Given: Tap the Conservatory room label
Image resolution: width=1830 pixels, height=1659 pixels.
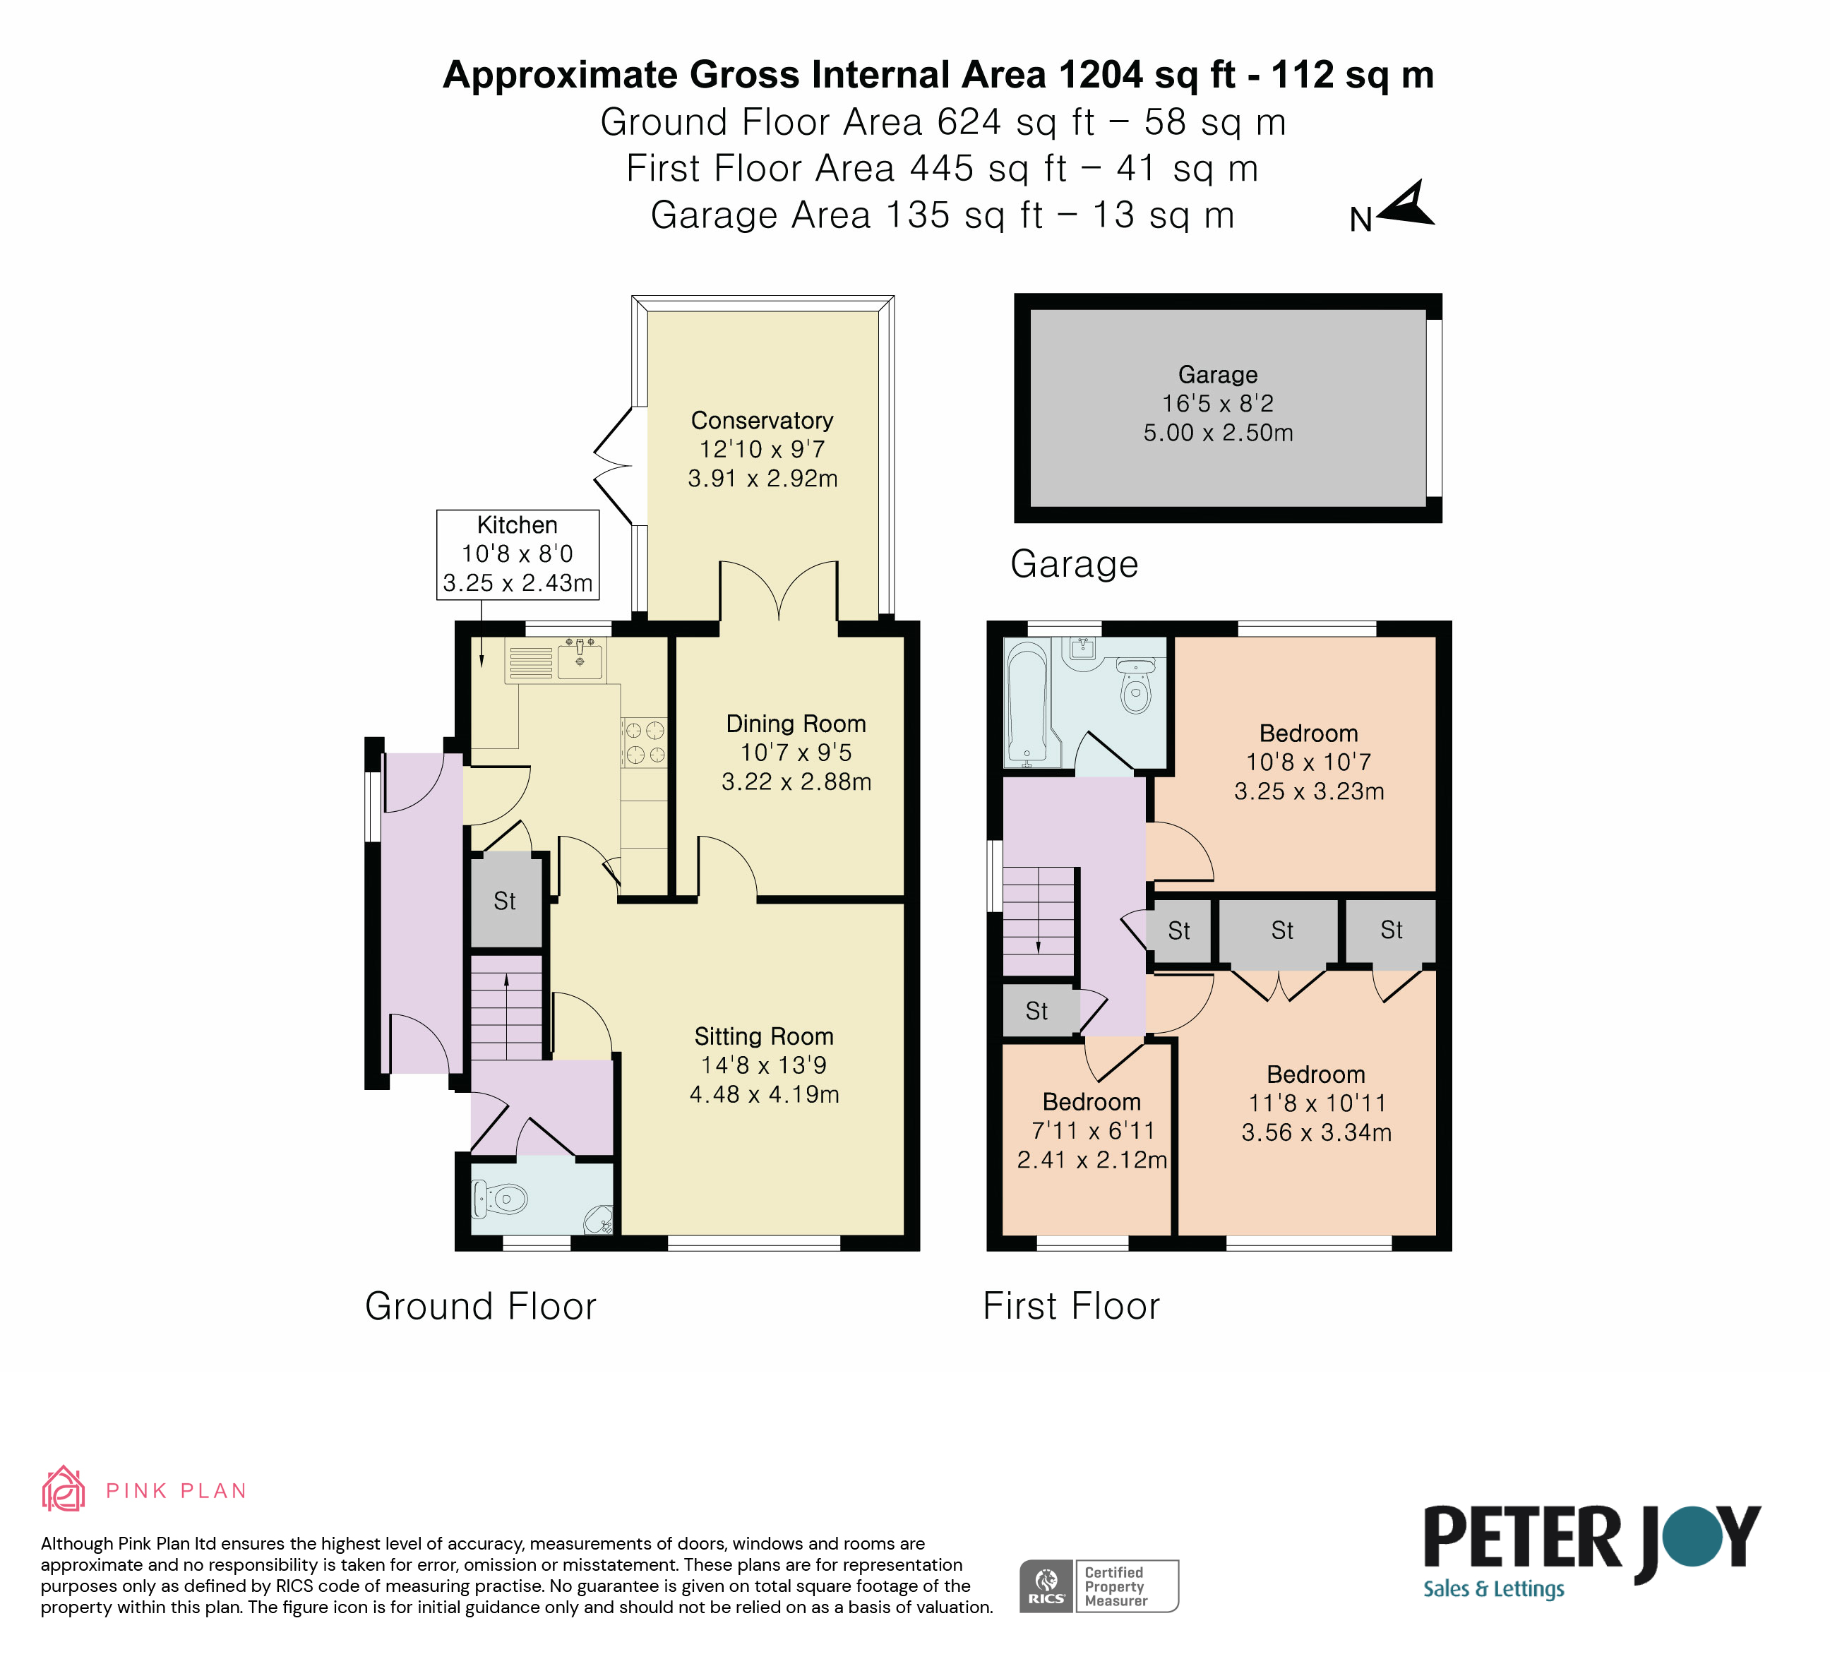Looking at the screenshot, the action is click(762, 421).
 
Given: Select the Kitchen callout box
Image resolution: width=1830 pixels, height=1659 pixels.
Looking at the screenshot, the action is click(518, 553).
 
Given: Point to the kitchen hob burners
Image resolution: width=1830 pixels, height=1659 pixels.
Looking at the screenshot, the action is click(645, 741).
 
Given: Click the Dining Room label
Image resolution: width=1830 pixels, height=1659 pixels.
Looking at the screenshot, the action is click(796, 724).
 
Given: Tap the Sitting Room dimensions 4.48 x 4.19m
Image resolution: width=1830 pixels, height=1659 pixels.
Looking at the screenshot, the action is click(765, 1094).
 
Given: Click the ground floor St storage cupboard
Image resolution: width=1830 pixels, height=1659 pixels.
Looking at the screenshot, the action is click(506, 902).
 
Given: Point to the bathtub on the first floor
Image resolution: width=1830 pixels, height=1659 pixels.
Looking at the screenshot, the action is click(1027, 702).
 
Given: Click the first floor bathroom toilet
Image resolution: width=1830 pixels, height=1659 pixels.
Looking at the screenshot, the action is click(1135, 686).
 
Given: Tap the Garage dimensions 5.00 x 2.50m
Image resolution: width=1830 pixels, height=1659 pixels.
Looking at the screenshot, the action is click(1218, 433).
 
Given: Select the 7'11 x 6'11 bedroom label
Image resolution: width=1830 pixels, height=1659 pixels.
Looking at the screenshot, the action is click(1092, 1131).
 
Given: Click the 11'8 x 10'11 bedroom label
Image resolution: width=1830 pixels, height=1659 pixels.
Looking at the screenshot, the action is click(1316, 1103).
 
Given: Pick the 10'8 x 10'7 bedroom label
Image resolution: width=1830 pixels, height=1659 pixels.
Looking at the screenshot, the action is click(1309, 762).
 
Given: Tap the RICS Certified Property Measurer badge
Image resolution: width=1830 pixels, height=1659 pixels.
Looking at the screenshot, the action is click(1099, 1586).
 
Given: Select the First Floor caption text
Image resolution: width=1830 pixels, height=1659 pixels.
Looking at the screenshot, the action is click(1071, 1307).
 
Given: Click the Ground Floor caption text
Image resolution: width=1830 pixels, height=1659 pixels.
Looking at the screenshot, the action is click(480, 1307).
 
